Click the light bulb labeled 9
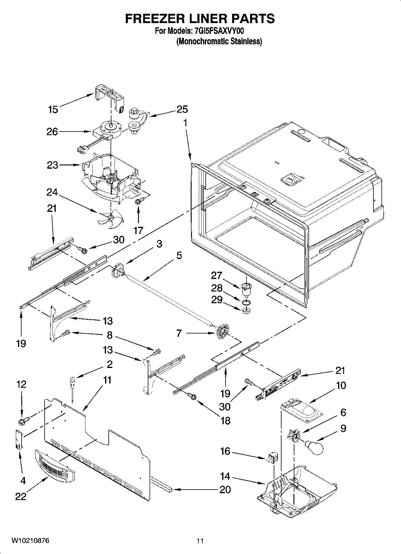coord(314,447)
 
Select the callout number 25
coord(182,109)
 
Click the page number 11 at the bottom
coord(200,541)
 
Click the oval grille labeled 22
coord(55,467)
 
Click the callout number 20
coord(225,490)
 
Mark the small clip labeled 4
coord(19,439)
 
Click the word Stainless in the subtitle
coord(247,41)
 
